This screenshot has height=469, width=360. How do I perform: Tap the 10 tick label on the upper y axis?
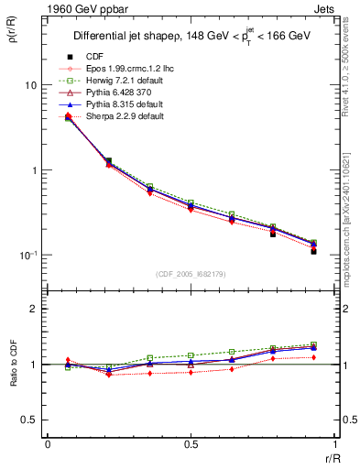click(30, 85)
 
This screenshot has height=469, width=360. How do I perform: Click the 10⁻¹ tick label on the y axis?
click(27, 255)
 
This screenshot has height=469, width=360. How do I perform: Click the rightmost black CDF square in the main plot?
click(313, 250)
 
